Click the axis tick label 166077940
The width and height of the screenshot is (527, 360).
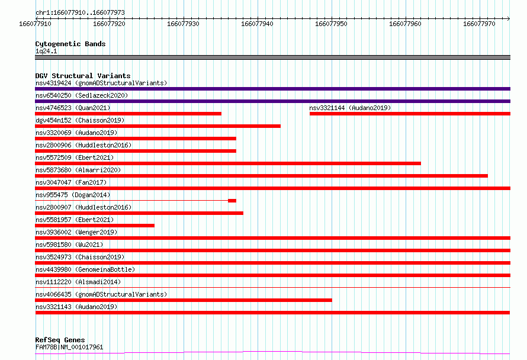pos(257,24)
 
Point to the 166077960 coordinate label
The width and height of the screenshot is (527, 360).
pos(405,24)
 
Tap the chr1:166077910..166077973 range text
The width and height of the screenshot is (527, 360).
pos(80,12)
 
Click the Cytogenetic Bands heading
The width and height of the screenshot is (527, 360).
pos(70,44)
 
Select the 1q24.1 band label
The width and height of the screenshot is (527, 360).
pos(46,51)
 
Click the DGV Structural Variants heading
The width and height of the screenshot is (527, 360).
pos(83,76)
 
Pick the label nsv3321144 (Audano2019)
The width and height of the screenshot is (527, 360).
pos(350,108)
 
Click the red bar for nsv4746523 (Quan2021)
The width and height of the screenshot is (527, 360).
pos(128,114)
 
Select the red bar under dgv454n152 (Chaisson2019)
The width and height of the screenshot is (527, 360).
pos(158,126)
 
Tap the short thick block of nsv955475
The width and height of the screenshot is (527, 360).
pos(232,201)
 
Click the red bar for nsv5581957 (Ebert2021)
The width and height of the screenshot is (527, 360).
pos(95,226)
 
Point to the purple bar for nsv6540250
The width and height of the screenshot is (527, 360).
pos(272,101)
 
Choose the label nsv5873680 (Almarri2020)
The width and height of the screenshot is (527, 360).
pos(78,170)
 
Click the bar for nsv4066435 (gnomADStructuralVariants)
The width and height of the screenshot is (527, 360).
pos(184,300)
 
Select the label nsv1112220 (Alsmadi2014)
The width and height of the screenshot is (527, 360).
pos(78,282)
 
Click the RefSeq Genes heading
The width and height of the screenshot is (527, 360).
pos(60,340)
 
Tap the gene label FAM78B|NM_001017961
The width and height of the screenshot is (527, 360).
pos(69,347)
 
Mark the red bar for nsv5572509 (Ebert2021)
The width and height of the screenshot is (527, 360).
pos(228,163)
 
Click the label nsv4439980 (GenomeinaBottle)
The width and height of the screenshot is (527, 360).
pos(85,269)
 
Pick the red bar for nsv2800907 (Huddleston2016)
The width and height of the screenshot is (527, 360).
pos(139,213)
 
